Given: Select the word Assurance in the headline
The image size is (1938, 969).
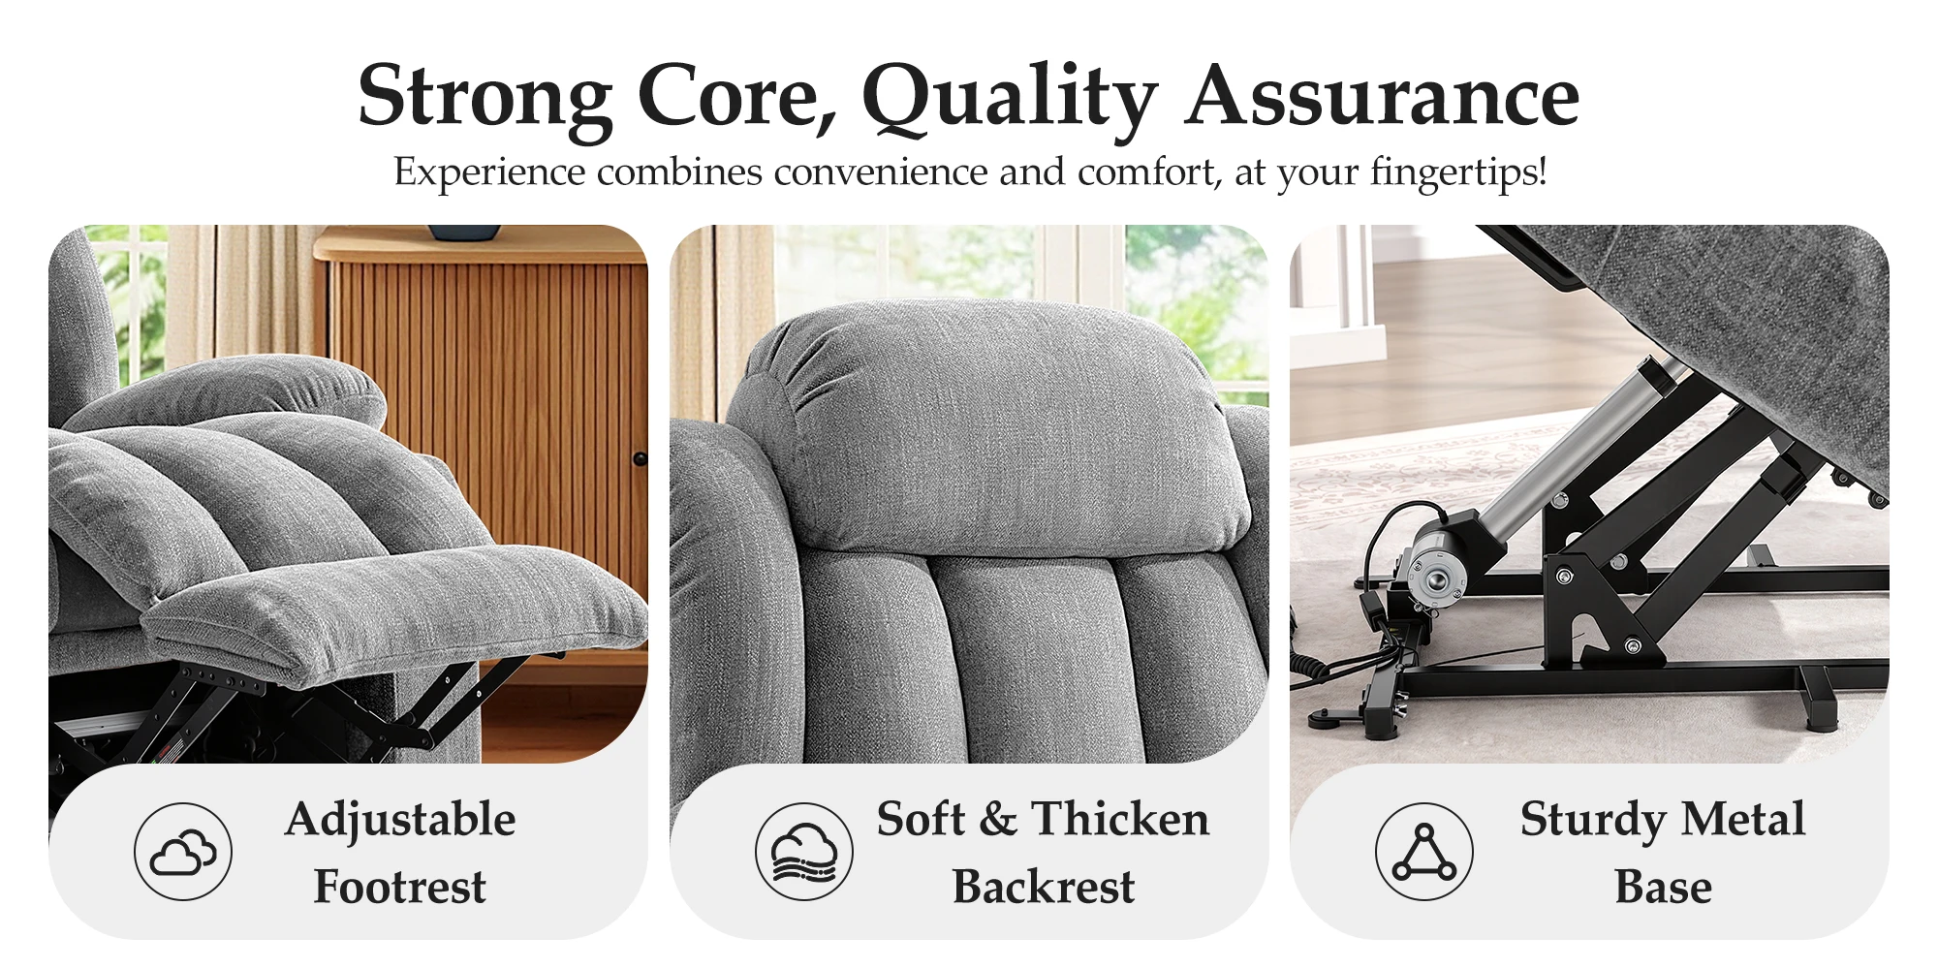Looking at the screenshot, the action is (1384, 96).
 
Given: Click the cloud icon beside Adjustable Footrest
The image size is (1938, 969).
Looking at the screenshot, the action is (183, 852).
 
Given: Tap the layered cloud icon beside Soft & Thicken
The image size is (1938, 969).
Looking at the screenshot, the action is (804, 852).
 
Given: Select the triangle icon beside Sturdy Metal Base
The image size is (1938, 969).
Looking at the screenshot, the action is (1424, 852).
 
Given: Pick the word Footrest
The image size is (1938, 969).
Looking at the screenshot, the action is (400, 887).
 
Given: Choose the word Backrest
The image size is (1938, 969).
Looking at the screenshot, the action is (1044, 887).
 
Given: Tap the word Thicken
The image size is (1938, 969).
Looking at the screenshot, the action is (1120, 819).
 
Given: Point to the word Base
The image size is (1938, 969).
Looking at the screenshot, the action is (1663, 887).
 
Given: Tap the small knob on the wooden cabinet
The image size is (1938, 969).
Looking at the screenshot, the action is (640, 458).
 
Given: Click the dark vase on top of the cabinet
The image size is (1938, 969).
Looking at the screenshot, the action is (465, 233).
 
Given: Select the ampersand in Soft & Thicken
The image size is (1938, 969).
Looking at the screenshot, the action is (998, 819).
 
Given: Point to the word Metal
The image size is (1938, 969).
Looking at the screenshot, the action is (1743, 819).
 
